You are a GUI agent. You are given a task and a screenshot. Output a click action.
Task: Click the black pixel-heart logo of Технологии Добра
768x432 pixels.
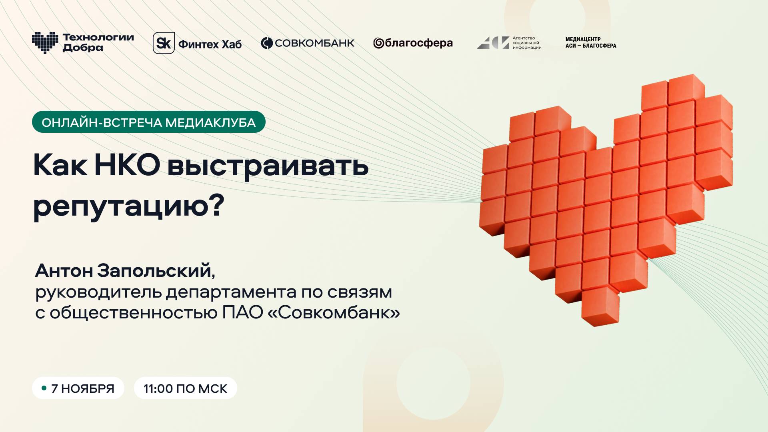pos(45,42)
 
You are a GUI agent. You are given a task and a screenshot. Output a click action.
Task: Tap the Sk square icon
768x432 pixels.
pos(164,43)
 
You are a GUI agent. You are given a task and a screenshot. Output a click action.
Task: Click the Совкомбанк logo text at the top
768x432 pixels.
pos(314,43)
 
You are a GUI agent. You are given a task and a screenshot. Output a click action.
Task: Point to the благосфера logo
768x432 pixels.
pos(413,43)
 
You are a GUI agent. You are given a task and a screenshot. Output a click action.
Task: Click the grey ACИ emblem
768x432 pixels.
pos(493,43)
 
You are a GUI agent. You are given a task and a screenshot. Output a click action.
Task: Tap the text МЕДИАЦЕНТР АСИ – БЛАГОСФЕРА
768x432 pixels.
pos(590,43)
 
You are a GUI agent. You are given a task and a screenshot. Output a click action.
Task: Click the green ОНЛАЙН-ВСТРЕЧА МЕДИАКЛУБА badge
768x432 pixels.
pos(148,122)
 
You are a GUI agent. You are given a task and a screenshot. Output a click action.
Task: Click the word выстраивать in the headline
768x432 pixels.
pos(268,165)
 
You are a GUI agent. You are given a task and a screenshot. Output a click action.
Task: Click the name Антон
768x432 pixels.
pos(64,271)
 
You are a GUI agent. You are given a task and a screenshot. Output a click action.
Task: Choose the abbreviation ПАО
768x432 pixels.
pos(241,313)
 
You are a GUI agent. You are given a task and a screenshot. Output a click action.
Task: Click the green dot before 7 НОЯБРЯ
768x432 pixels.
pos(44,388)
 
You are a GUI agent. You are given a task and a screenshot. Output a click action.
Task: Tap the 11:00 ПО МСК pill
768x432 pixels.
pos(185,388)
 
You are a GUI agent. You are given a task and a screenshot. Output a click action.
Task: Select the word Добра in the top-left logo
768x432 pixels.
pos(83,48)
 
